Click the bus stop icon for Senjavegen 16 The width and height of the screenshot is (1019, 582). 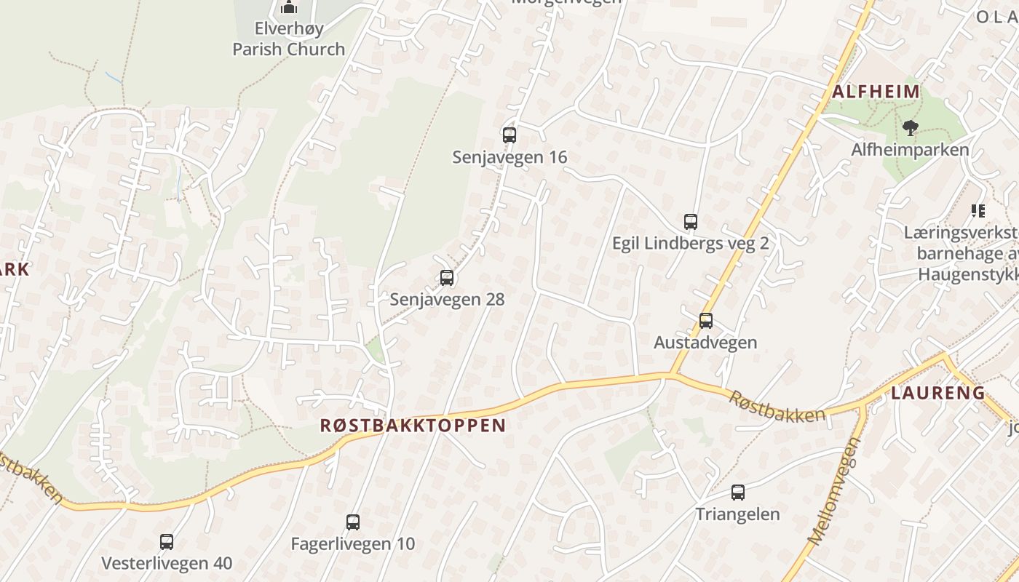click(509, 135)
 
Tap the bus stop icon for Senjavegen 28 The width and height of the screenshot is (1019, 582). click(447, 277)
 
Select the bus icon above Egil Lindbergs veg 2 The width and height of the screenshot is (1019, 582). click(690, 221)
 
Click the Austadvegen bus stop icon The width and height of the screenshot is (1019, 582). click(705, 320)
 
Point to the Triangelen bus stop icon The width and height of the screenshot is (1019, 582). click(737, 492)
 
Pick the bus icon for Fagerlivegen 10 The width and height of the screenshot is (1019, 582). click(353, 522)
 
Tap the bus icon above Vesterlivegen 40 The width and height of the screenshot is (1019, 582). click(167, 541)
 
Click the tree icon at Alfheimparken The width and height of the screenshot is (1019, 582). click(910, 129)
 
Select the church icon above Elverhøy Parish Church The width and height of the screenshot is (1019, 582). click(289, 8)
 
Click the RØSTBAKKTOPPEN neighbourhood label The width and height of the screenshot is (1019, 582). click(413, 426)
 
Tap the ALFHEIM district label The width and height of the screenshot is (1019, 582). click(876, 92)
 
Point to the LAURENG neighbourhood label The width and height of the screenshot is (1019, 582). click(938, 393)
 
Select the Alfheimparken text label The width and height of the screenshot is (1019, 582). click(910, 150)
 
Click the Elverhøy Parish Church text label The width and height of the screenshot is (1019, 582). click(289, 39)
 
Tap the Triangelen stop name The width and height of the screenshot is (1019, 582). click(737, 514)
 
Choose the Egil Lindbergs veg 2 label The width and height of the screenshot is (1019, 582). click(690, 243)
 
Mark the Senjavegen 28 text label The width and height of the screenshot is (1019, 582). click(447, 299)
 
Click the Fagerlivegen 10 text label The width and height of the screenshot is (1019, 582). click(353, 543)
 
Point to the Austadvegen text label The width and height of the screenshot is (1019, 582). click(705, 342)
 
